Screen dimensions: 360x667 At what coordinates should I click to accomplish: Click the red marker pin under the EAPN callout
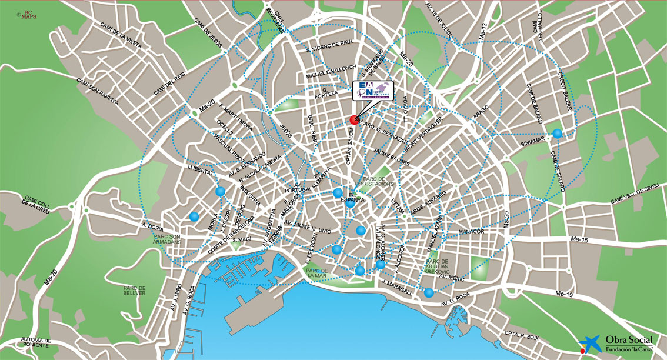354,119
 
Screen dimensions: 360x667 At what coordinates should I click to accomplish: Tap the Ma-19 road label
564,294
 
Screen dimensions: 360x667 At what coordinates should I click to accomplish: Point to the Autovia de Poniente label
36,342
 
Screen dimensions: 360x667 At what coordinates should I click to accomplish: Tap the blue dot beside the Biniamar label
557,134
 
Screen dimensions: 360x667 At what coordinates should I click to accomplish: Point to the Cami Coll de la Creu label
36,202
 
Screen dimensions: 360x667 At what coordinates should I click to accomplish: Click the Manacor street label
471,231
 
